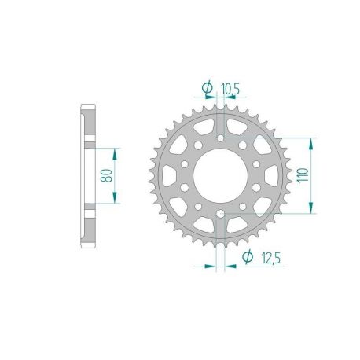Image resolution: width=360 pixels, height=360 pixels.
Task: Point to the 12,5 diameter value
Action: (x=265, y=257)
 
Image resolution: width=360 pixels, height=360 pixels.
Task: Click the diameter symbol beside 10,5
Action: (x=207, y=88)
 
